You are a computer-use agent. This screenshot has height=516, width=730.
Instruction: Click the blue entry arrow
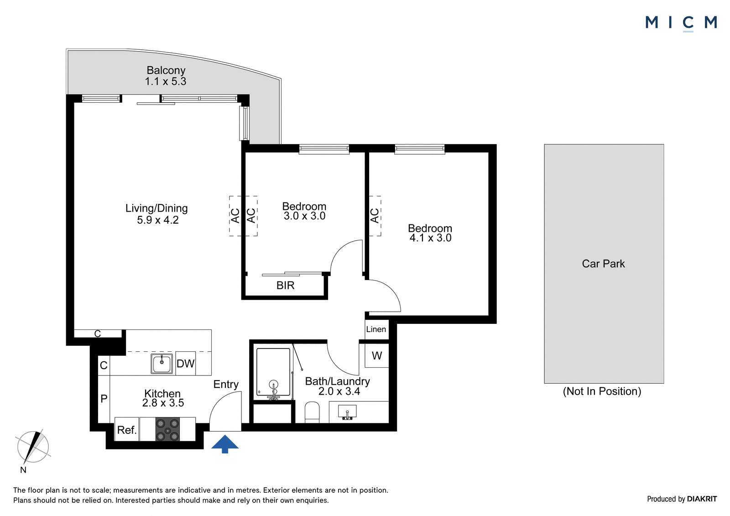click(x=225, y=444)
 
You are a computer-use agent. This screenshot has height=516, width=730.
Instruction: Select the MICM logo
click(x=681, y=23)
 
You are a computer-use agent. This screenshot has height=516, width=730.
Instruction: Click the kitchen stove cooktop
click(x=167, y=429)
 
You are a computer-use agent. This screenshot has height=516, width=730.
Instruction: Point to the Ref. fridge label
click(x=127, y=430)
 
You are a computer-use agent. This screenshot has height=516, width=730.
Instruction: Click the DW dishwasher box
click(x=185, y=363)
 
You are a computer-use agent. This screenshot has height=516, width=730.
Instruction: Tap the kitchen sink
click(x=162, y=364)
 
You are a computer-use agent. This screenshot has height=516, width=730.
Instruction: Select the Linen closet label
click(x=376, y=329)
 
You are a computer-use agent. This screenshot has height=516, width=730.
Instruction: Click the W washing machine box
click(x=377, y=355)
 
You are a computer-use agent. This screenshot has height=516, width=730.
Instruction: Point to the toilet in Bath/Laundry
click(x=312, y=412)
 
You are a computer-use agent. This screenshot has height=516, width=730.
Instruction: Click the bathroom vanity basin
click(x=347, y=412)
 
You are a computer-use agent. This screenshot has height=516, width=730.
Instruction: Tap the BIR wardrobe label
click(x=286, y=286)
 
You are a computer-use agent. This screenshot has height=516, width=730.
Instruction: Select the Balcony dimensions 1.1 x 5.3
click(x=166, y=81)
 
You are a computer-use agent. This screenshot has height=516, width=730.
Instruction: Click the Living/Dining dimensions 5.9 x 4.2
click(x=158, y=220)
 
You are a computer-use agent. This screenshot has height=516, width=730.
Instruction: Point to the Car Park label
click(x=604, y=264)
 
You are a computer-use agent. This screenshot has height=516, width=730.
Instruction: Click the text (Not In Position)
click(x=602, y=391)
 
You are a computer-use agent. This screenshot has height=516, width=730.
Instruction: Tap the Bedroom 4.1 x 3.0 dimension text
click(x=431, y=238)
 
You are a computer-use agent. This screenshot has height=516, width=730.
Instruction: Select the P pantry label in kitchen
click(x=104, y=398)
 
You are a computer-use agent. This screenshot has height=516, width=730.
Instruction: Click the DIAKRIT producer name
click(x=702, y=499)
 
